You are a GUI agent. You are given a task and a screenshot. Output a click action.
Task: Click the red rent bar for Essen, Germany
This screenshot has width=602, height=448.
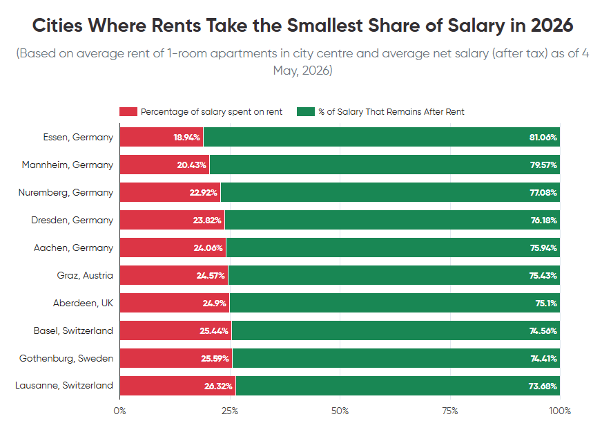(x=162, y=137)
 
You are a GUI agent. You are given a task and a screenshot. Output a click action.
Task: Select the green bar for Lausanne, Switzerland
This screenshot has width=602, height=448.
(x=398, y=386)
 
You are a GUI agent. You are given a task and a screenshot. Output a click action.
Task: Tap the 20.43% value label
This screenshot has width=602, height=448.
(x=192, y=165)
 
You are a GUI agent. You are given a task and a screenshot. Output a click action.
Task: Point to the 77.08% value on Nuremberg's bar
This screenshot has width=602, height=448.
(x=543, y=193)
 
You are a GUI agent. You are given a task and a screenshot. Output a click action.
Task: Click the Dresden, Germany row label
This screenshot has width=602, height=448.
(x=72, y=220)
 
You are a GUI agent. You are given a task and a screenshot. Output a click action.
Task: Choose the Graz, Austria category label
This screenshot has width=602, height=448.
(x=85, y=275)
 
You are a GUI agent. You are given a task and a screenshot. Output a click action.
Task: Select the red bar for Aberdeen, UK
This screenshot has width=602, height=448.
(x=175, y=303)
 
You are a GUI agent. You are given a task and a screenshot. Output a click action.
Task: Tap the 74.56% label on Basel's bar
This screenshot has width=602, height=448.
(x=543, y=330)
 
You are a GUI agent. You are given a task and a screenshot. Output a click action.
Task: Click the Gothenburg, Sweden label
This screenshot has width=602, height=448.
(x=66, y=358)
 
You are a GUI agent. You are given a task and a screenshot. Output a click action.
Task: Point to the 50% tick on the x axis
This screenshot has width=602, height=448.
(x=340, y=411)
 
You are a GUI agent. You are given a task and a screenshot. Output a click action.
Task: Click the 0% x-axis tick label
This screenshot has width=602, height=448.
(x=120, y=411)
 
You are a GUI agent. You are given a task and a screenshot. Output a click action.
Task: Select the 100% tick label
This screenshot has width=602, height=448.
(x=560, y=411)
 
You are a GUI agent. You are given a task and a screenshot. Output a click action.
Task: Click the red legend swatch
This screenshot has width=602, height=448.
(x=128, y=111)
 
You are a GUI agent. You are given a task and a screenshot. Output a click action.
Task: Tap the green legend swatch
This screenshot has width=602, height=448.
(x=306, y=111)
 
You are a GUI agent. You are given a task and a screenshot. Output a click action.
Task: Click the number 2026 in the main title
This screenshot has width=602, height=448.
(x=552, y=26)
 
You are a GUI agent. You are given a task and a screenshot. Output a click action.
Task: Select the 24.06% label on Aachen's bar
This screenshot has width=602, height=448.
(x=208, y=248)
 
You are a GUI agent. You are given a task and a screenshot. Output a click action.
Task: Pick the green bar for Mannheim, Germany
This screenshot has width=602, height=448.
(x=385, y=165)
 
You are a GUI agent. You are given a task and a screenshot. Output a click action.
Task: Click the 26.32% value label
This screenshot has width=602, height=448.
(x=218, y=386)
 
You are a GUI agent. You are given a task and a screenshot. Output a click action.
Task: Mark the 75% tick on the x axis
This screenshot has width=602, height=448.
(x=450, y=411)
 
